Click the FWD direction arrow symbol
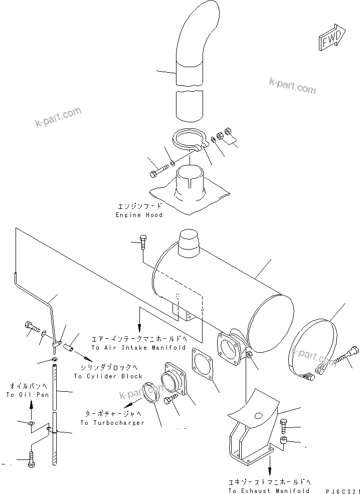(331, 38)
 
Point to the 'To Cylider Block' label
(108, 376)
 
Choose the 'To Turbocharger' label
(112, 422)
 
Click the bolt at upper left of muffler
(143, 242)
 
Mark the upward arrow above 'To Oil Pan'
(31, 406)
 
